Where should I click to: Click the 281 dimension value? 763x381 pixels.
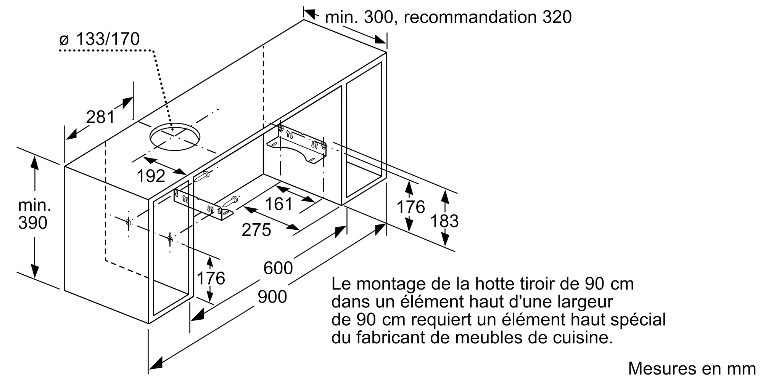point(100,117)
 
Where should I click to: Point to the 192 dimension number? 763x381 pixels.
point(151,176)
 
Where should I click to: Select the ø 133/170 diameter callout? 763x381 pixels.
point(100,39)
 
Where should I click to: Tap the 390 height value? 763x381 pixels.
point(33,223)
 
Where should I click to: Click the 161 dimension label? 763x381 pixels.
point(279,204)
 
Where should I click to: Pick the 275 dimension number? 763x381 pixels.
point(256,230)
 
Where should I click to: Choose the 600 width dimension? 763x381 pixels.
point(278,268)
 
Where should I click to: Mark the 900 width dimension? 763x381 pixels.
point(272,297)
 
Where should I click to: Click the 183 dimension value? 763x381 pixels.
point(444,221)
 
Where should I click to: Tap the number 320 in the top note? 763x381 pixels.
point(557,17)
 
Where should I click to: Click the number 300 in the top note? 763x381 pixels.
point(378,17)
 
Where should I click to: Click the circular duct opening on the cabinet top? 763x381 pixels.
point(175,136)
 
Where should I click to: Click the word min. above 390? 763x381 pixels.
point(34,205)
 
